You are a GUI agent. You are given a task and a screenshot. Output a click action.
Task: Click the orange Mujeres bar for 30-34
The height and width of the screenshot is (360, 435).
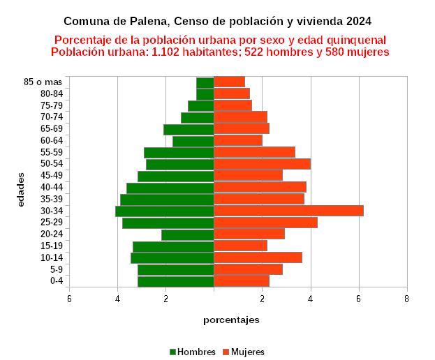click(288, 211)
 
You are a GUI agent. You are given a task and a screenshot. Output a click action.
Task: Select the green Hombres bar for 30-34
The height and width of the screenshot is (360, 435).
click(165, 211)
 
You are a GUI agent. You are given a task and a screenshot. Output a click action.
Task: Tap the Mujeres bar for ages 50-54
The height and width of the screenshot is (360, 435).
click(262, 164)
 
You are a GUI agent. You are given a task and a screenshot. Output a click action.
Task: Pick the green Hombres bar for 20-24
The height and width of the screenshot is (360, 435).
click(187, 234)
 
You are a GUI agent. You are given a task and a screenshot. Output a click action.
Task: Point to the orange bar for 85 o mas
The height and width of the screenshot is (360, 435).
click(229, 82)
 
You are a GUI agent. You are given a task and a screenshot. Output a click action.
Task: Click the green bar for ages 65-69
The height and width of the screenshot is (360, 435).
click(189, 129)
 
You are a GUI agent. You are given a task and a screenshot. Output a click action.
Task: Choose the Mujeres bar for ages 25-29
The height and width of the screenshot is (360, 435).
click(265, 223)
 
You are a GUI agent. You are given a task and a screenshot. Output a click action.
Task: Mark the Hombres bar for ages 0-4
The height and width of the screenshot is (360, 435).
click(175, 281)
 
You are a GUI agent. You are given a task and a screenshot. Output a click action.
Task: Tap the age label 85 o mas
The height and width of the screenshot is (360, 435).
click(43, 82)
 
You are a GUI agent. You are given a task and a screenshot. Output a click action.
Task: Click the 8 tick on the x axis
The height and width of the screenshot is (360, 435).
click(406, 299)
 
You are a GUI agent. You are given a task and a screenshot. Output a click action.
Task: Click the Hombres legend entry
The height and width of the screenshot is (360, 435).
click(192, 352)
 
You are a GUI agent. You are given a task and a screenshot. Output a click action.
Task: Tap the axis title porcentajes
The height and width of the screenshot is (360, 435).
click(231, 320)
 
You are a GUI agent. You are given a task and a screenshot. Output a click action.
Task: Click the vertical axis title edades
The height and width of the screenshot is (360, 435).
click(22, 189)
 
